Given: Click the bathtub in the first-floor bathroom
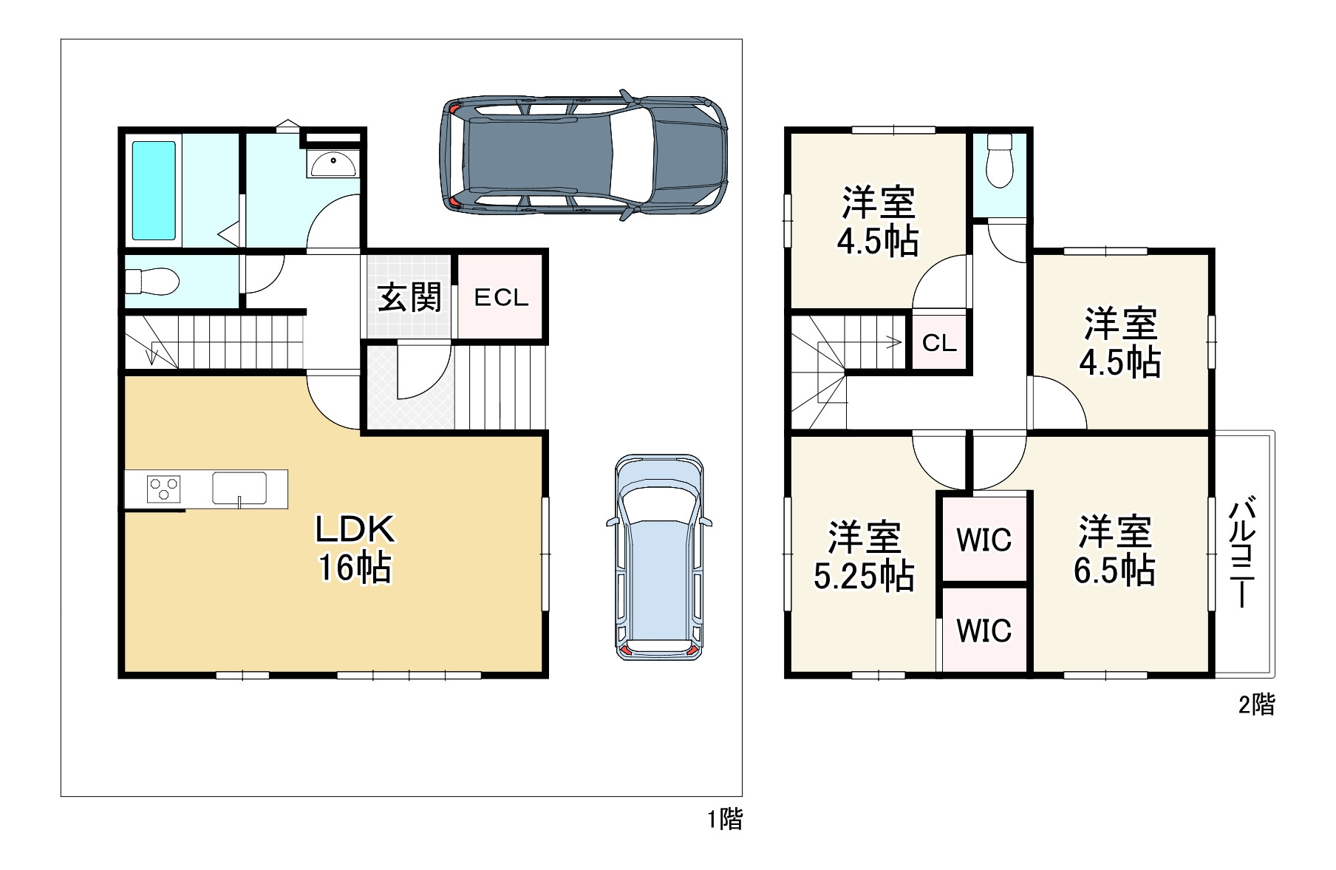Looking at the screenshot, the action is (x=154, y=190).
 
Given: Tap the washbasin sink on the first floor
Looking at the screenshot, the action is (x=333, y=163).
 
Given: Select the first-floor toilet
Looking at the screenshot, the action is (x=152, y=281).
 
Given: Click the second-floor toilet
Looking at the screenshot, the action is (x=999, y=161).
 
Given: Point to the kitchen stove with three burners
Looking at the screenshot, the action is (x=163, y=489).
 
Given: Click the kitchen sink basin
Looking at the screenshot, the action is (x=239, y=487).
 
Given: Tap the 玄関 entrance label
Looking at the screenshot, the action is (x=409, y=297).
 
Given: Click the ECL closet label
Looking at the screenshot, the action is (x=501, y=298).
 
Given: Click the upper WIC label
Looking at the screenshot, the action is (x=984, y=540).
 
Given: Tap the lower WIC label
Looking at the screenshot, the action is (x=984, y=631).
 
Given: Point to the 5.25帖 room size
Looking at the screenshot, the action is (x=864, y=576).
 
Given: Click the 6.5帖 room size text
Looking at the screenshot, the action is (x=1114, y=571).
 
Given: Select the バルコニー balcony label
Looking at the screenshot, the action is (x=1244, y=553).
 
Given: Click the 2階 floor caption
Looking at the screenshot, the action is (x=1257, y=704).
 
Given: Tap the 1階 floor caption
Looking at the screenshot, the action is (x=725, y=819).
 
